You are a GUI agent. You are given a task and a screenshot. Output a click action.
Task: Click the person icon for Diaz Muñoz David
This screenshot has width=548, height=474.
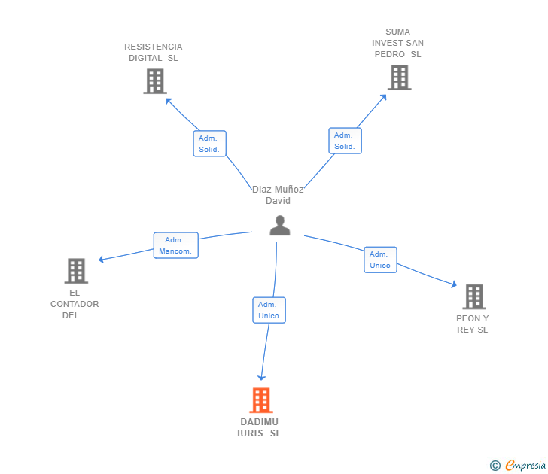tap(280, 226)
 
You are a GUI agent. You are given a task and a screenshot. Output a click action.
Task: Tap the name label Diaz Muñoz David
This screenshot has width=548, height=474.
tap(278, 195)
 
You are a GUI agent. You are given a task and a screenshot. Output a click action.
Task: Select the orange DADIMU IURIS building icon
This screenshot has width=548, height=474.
tap(260, 400)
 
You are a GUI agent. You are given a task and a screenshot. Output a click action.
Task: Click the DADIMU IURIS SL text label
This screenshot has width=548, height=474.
tap(260, 427)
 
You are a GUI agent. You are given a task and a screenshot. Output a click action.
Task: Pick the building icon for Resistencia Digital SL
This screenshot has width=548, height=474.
tap(154, 81)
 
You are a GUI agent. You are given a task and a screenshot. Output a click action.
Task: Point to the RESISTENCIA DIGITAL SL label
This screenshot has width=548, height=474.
tap(154, 52)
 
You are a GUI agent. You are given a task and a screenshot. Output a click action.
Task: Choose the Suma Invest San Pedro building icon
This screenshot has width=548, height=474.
tap(399, 77)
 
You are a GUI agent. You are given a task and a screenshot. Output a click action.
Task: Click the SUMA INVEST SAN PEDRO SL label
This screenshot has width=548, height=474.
tap(397, 43)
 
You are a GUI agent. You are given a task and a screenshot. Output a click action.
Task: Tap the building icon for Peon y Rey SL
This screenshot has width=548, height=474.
tap(473, 296)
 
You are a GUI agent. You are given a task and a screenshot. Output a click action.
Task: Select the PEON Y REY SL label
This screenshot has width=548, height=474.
tap(473, 324)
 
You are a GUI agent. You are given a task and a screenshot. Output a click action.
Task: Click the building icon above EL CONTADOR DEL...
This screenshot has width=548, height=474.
tap(75, 271)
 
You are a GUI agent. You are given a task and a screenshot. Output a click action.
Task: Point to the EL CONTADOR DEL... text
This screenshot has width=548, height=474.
tap(75, 304)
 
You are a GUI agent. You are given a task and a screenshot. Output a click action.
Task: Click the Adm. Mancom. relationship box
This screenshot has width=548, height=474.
tap(176, 245)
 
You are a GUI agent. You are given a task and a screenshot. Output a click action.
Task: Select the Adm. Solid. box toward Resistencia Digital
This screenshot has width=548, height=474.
tap(209, 144)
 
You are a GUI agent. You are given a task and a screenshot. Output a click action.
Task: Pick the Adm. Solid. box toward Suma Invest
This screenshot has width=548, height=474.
tap(345, 141)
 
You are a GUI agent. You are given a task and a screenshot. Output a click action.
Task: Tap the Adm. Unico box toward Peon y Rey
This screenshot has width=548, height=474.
tap(380, 260)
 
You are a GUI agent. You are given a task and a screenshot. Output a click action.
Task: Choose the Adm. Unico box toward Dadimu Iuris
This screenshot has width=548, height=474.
tap(269, 310)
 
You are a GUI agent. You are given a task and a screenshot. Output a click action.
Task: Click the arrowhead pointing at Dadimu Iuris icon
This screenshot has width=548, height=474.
tap(261, 377)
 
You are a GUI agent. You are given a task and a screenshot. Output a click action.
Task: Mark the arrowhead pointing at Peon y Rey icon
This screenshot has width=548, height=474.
tap(453, 284)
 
